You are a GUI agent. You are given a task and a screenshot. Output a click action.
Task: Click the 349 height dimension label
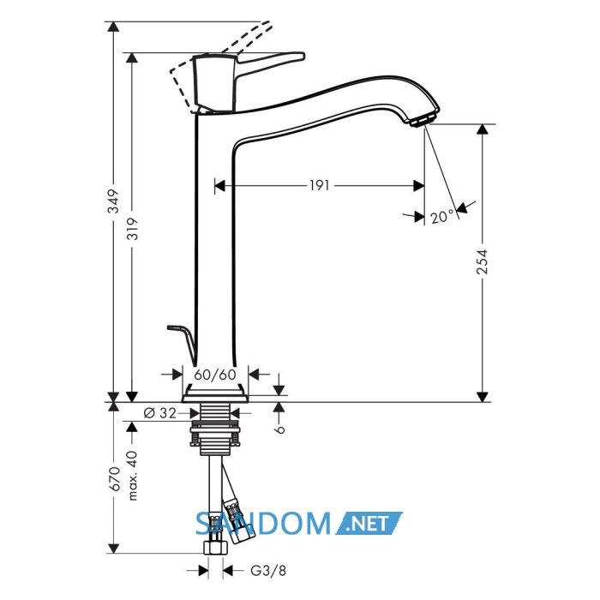coord(114,201)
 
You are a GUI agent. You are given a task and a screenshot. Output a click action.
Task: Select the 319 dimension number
coord(132,229)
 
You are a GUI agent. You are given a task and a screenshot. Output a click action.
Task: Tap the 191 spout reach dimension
coord(319,186)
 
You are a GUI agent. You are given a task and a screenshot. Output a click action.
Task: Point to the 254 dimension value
coord(483,261)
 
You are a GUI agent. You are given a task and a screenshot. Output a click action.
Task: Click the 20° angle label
coord(442,218)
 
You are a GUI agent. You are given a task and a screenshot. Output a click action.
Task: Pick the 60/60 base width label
coord(214,375)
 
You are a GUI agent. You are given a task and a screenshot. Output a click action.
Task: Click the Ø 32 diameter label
coord(159,413)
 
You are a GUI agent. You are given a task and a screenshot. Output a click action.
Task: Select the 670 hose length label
coord(114,478)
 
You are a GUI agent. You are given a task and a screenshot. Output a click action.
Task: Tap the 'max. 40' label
coord(132,475)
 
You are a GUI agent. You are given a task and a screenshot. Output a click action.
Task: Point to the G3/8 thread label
coord(268,571)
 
